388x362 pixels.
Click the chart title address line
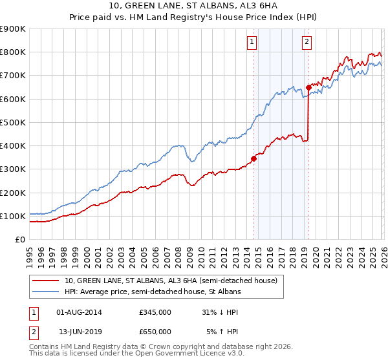(x=194, y=6)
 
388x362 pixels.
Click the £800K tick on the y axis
(x=13, y=52)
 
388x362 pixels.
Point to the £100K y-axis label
(x=13, y=216)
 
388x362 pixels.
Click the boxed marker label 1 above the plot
(x=252, y=43)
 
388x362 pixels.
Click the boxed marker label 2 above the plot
(x=307, y=43)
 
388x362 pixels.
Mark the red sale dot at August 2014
(x=253, y=158)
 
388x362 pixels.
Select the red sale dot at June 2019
(x=308, y=87)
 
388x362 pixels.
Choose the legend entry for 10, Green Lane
(x=171, y=281)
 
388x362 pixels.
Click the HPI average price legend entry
(x=153, y=292)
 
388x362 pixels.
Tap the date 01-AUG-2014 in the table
(x=79, y=312)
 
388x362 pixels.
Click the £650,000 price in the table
(x=155, y=331)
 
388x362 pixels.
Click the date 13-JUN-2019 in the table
(x=79, y=331)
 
